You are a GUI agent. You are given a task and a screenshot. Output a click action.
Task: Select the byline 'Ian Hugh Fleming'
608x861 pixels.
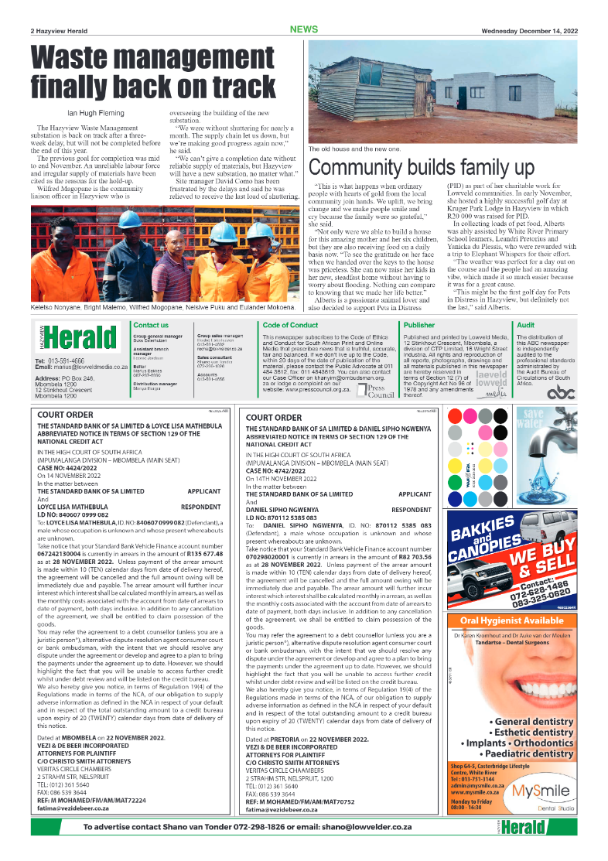pyautogui.click(x=79, y=114)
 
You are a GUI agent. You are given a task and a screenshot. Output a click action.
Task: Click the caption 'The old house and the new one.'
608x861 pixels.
pyautogui.click(x=354, y=149)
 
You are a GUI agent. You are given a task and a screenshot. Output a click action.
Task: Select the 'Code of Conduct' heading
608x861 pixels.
pyautogui.click(x=290, y=326)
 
